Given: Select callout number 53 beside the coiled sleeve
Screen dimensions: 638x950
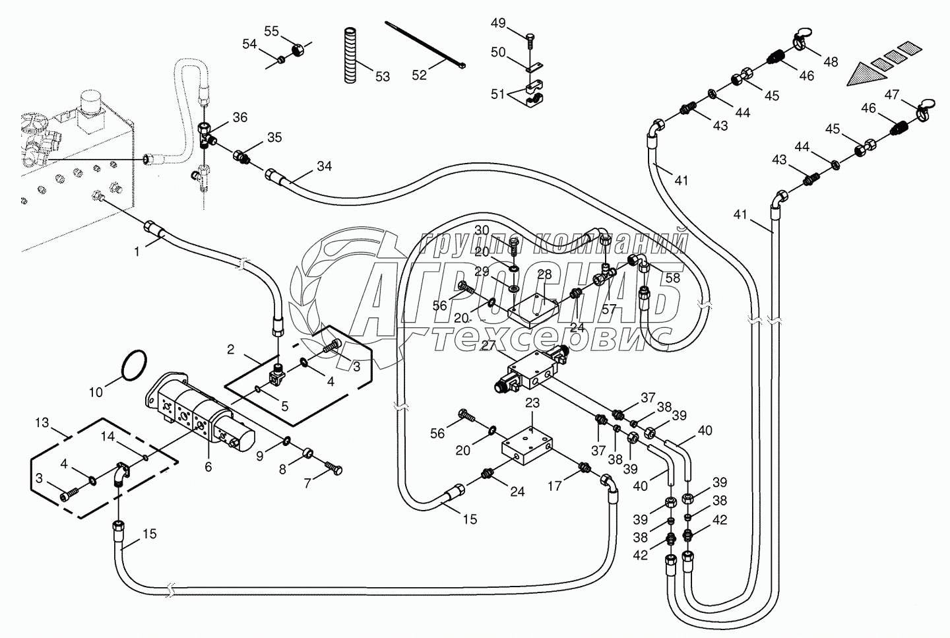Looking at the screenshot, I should click(382, 77).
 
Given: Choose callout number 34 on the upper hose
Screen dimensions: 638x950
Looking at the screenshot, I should click(324, 166).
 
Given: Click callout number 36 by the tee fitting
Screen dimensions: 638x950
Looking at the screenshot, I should click(239, 117).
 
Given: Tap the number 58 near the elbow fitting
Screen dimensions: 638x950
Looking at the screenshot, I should click(672, 278).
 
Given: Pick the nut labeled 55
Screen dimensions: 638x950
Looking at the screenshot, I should click(296, 49).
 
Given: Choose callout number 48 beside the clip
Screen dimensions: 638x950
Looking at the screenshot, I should click(831, 61).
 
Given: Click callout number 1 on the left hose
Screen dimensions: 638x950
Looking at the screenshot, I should click(137, 251).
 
